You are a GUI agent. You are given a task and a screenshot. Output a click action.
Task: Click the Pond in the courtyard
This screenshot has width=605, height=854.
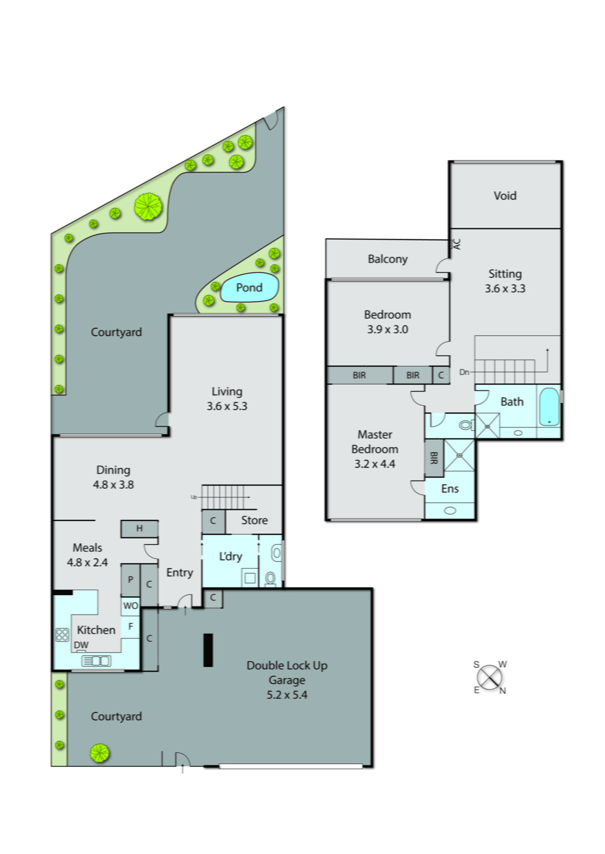pos(249,288)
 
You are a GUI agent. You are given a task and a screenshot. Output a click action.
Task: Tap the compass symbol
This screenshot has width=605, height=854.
pos(489,678)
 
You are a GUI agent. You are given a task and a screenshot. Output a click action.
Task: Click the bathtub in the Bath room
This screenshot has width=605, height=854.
pos(549,407)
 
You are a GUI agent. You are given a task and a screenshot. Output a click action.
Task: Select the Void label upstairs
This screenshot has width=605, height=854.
pos(505,195)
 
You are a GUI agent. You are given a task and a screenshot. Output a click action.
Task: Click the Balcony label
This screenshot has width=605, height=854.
pos(387,259)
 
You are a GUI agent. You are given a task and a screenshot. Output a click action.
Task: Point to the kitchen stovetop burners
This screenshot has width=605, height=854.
pos(62,635)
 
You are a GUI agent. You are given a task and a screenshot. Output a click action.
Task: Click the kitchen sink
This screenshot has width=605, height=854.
pos(96,661)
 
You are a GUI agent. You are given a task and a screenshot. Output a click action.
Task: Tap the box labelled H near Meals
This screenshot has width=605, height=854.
pos(139,528)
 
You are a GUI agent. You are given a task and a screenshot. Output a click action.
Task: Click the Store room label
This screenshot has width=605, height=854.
pos(254,520)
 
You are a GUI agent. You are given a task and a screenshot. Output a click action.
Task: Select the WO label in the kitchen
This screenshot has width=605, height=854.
pos(130,606)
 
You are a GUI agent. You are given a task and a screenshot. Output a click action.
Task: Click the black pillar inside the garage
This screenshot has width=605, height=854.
pos(208,650)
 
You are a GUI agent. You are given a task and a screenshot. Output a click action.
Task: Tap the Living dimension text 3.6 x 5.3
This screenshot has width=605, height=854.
pos(227,406)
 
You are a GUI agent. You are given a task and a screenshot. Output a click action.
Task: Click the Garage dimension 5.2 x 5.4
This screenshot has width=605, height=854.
pos(287,695)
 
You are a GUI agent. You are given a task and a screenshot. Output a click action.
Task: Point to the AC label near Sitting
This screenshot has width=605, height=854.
pos(456,244)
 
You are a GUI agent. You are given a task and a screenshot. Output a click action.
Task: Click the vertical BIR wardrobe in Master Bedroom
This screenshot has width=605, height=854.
pos(433,458)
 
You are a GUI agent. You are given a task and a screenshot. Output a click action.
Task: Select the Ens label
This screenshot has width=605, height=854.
pos(450,488)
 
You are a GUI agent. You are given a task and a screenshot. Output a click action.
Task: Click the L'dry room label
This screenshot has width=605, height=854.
pos(231,556)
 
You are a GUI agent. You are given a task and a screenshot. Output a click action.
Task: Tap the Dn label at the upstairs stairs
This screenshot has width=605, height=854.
pos(464,372)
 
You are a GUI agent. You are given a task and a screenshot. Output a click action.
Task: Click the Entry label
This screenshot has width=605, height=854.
pos(179,573)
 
